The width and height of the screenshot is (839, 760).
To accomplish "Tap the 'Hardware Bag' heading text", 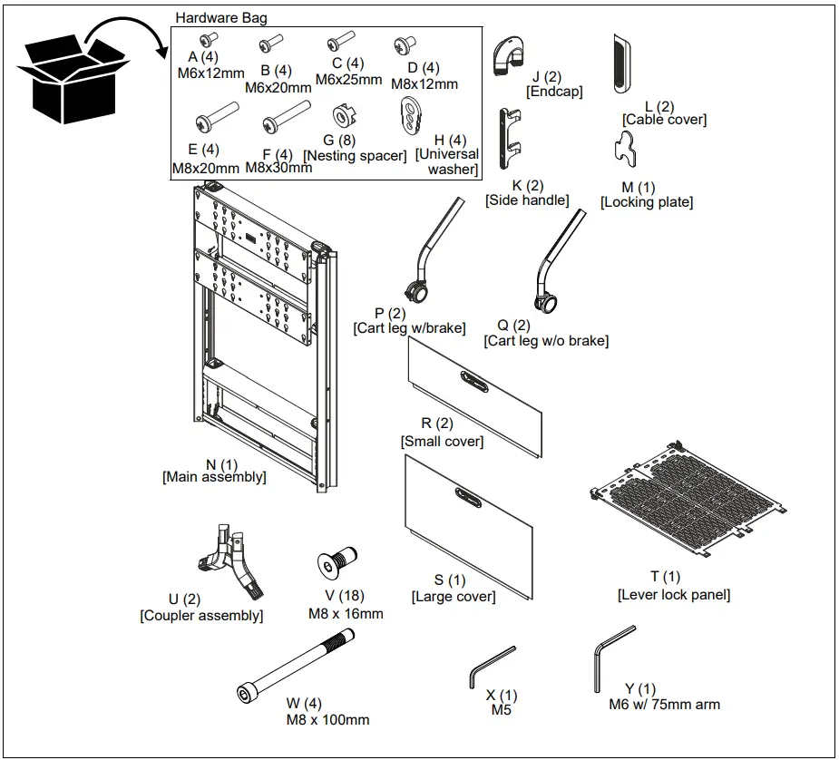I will click(x=221, y=17).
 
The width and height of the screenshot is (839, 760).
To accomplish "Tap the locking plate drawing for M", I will click(x=627, y=148).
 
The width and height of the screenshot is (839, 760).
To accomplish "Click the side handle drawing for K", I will click(x=510, y=140).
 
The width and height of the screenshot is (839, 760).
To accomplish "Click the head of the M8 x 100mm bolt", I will click(x=247, y=695).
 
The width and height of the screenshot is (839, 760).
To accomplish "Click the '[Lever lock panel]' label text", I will click(x=673, y=595).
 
